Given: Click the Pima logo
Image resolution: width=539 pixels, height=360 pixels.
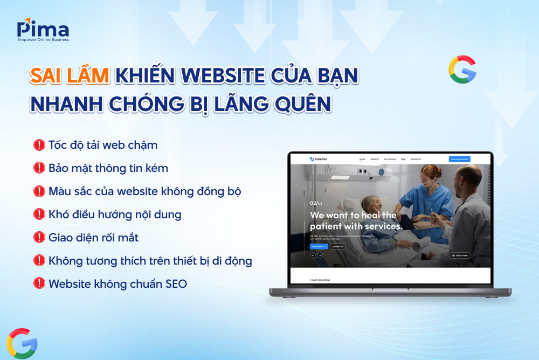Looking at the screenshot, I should pos(43,31).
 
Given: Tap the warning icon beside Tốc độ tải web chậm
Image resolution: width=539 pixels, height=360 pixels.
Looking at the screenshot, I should pos(39,144).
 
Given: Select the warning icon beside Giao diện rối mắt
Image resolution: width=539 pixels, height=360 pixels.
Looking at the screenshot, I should pos(39,237).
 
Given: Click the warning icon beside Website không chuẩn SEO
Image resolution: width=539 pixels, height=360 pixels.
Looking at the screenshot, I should pos(39,283).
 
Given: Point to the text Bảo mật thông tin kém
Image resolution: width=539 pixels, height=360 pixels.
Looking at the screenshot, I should pos(108,168).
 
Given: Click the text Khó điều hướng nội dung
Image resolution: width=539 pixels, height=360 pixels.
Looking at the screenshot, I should pos(114,214).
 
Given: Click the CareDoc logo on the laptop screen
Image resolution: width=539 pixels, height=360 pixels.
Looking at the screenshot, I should pos(319,159).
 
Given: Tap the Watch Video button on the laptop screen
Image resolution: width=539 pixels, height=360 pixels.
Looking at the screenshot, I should pos(459,255).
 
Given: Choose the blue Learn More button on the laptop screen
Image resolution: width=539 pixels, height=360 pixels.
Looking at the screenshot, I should pos(319,246).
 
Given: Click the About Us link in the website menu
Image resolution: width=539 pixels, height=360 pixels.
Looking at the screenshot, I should pos(375,159).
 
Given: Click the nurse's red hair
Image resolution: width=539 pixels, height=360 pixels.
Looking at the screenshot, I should pos(425,171).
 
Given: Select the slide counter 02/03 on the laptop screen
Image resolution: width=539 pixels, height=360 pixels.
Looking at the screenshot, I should pos(316,203).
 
